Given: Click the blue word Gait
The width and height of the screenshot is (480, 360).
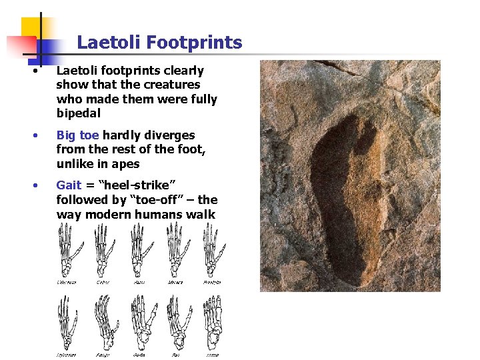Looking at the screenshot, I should click(69, 185).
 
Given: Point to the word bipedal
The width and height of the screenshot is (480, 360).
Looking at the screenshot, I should click(79, 113).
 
